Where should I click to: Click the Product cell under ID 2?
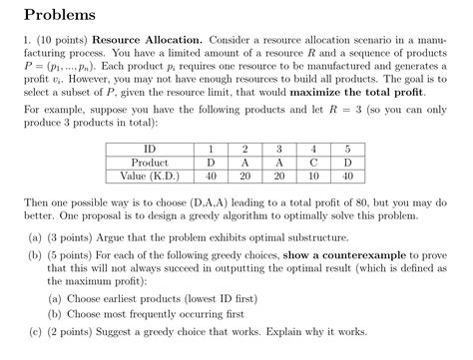tap(244, 162)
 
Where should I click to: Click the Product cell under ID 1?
tap(211, 162)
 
